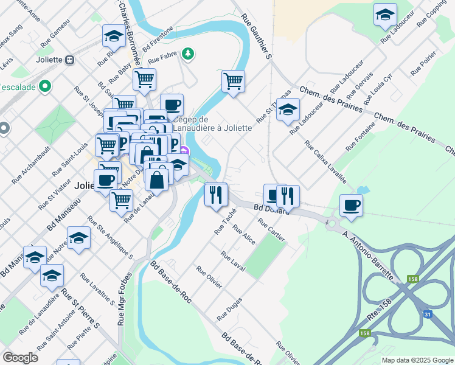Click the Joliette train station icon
point(70,60)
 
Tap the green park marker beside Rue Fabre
point(189,54)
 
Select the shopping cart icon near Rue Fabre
point(144,79)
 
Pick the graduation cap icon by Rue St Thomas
point(288,109)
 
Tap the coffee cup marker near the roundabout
point(351,205)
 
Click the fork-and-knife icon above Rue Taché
point(215,195)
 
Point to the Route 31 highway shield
point(428,314)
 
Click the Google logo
point(20,358)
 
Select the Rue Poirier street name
point(423,63)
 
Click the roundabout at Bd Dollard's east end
point(334,223)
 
